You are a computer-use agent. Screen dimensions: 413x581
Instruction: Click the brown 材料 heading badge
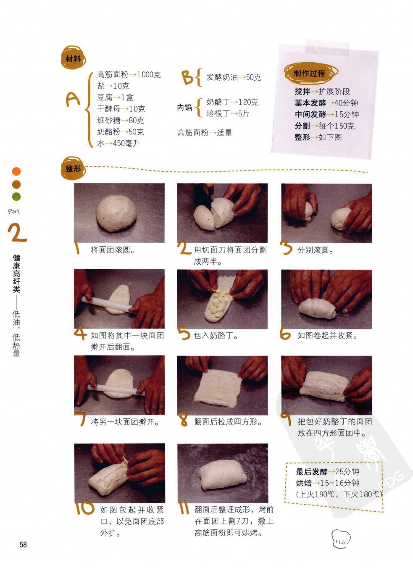[73, 58]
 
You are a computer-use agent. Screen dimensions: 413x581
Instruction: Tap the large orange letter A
[73, 99]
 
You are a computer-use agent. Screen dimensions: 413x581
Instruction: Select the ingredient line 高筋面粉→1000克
[129, 75]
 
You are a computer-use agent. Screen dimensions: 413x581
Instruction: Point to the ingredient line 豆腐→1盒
[115, 97]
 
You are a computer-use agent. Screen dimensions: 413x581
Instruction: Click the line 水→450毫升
[118, 143]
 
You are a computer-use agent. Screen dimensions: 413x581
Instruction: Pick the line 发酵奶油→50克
[234, 77]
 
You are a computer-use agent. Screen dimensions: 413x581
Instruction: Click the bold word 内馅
[184, 108]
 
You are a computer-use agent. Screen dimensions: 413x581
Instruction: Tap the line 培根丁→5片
[228, 113]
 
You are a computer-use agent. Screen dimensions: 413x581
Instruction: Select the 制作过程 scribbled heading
[310, 74]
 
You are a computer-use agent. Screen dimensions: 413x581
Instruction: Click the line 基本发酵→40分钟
[326, 103]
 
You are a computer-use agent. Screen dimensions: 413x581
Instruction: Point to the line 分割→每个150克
[324, 126]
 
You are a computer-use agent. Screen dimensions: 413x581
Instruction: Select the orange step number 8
[184, 420]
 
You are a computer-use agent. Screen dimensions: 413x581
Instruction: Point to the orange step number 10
[84, 507]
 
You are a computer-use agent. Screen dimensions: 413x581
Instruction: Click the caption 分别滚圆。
[316, 250]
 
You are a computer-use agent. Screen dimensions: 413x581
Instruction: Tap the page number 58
[23, 544]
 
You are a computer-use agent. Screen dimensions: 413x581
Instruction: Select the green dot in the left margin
[16, 197]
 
